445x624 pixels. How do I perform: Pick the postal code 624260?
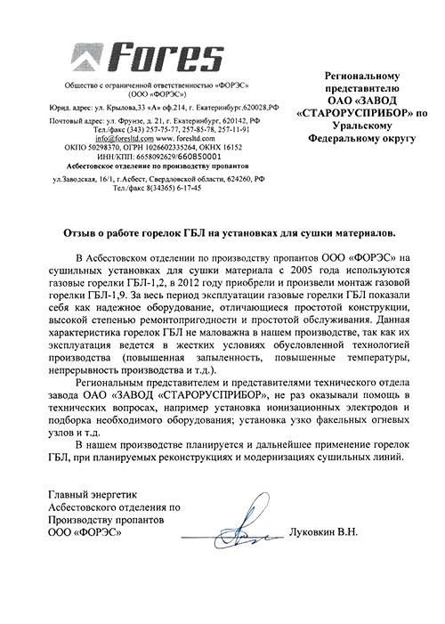click(x=231, y=178)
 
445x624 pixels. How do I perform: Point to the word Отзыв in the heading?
click(x=80, y=232)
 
